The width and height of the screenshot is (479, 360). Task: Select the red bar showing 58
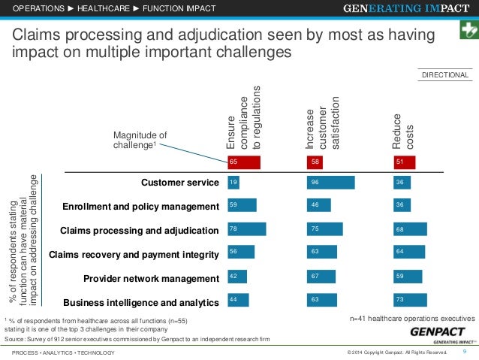pyautogui.click(x=321, y=161)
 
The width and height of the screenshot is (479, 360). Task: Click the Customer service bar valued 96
pyautogui.click(x=331, y=182)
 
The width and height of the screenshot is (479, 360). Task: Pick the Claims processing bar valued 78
pyautogui.click(x=246, y=229)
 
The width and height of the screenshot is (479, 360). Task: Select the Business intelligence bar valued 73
pyautogui.click(x=411, y=299)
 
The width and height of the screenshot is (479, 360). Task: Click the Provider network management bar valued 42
pyautogui.click(x=237, y=276)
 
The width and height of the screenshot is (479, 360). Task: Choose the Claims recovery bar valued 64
pyautogui.click(x=409, y=253)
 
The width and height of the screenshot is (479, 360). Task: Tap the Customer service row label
pyautogui.click(x=179, y=182)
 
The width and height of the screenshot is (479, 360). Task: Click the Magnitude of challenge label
pyautogui.click(x=140, y=140)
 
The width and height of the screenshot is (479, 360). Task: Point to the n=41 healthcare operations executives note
pyautogui.click(x=412, y=319)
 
